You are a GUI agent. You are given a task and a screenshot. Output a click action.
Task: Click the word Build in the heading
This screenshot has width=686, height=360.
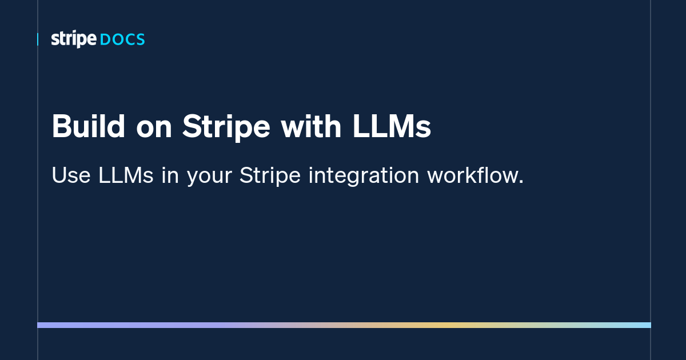88,126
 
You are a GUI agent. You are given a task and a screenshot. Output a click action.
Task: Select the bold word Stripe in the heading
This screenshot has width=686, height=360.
226,127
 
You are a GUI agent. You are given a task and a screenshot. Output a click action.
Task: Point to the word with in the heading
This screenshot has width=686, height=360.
311,126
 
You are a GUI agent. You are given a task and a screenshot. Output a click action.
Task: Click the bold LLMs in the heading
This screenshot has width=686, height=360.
392,126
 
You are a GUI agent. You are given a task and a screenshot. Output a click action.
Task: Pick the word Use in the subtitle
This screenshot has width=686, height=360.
71,175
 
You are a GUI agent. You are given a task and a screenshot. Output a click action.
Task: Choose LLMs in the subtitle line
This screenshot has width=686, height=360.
126,175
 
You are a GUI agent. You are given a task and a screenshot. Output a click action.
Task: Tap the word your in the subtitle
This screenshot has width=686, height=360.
209,177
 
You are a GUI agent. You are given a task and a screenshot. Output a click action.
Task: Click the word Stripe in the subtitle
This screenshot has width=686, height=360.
270,177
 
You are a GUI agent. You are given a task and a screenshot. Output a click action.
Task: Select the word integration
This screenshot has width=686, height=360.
364,177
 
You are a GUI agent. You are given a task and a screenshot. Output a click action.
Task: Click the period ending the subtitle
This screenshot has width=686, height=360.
521,182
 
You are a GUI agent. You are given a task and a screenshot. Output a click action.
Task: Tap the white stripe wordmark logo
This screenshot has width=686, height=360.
74,39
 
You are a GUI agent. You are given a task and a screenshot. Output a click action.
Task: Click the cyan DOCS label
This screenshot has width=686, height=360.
122,40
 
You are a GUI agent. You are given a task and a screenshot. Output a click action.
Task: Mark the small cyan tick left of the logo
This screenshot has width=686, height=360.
38,39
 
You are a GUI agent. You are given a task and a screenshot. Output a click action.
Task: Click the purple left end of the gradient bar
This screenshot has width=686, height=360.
39,325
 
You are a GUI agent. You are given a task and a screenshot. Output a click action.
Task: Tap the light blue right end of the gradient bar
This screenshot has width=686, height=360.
649,325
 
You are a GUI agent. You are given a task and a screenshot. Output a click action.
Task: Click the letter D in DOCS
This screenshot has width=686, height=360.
105,40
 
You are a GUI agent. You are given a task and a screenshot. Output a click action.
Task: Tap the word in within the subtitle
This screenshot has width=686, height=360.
170,175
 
